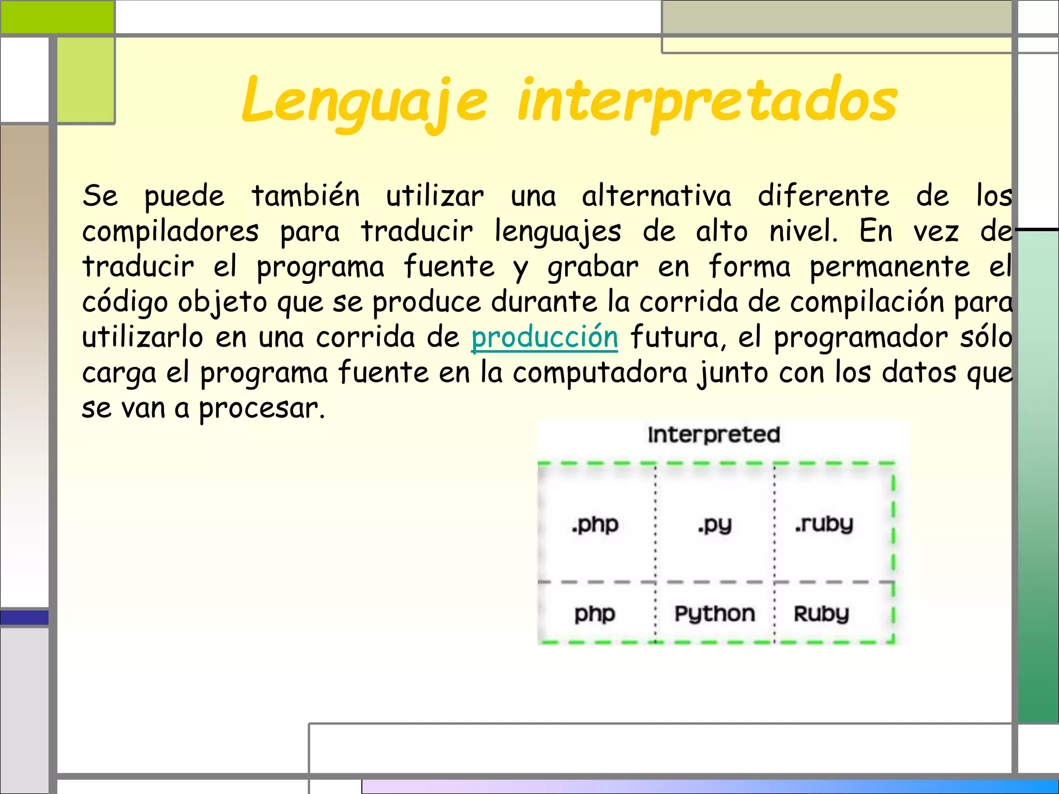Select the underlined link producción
[x=544, y=337]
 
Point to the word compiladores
[x=170, y=231]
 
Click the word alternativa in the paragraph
[x=656, y=196]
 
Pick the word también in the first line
[x=305, y=196]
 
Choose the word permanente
[x=889, y=267]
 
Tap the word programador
[x=860, y=338]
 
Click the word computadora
[x=600, y=373]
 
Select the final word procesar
[x=262, y=408]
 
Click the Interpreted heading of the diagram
[x=714, y=435]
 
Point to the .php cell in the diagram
[x=595, y=525]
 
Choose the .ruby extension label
[x=824, y=525]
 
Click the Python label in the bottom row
[x=715, y=614]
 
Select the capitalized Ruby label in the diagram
[x=821, y=614]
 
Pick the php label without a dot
[x=595, y=614]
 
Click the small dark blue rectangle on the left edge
[x=24, y=617]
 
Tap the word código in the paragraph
[x=125, y=302]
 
